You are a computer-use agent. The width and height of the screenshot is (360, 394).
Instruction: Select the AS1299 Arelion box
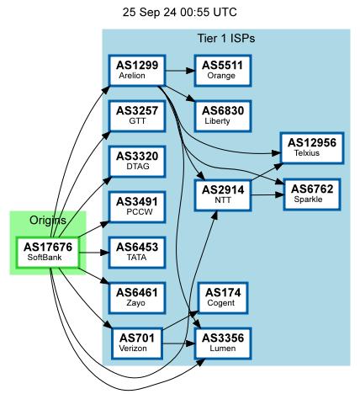tap(138, 69)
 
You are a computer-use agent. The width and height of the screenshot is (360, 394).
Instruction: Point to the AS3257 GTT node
tap(138, 114)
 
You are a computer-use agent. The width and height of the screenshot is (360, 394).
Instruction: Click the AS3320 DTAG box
tap(138, 160)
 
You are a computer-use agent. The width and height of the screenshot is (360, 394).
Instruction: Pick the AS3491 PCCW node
tap(138, 205)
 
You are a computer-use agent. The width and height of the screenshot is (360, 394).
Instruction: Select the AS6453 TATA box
tap(138, 251)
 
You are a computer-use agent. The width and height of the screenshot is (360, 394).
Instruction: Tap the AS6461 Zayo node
tap(138, 296)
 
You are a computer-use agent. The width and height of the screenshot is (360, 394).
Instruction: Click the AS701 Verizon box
tap(138, 342)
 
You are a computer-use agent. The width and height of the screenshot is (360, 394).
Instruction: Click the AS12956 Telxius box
tap(312, 146)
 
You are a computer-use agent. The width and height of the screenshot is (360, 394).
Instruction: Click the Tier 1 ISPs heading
tap(225, 39)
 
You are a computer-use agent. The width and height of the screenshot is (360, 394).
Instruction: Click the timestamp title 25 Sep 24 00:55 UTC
tap(179, 13)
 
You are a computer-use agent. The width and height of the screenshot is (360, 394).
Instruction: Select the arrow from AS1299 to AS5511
tap(181, 69)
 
